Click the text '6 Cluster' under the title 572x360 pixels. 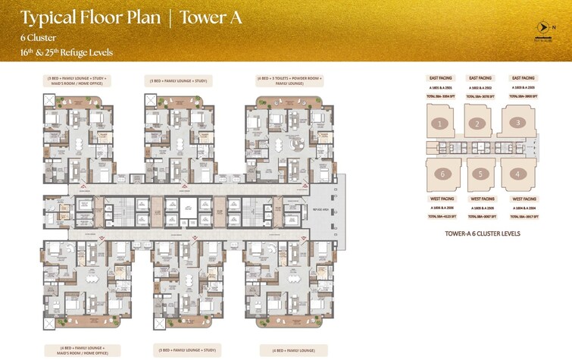click(39, 36)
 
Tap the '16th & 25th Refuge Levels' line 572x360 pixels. click(67, 52)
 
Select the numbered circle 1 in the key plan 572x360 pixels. click(437, 123)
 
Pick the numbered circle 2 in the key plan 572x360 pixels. click(477, 124)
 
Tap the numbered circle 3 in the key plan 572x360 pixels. click(517, 122)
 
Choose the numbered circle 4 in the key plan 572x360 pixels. click(518, 174)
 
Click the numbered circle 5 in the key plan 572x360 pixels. click(480, 173)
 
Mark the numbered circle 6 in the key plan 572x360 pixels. click(439, 174)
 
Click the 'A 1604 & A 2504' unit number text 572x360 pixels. click(524, 207)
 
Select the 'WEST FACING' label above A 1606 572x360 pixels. click(442, 199)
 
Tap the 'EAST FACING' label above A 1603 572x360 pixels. click(524, 78)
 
